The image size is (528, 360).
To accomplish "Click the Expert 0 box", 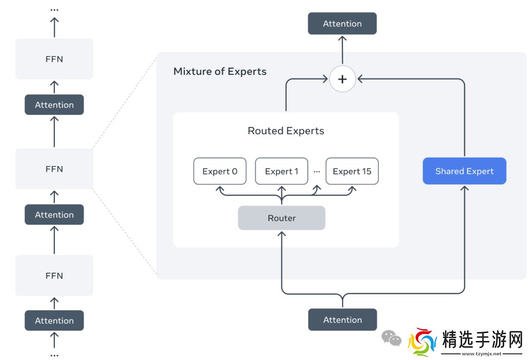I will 220,171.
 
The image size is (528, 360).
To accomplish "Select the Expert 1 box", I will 282,171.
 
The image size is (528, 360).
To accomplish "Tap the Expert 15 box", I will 352,171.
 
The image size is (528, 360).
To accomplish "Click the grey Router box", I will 282,218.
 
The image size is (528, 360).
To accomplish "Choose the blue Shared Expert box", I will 464,171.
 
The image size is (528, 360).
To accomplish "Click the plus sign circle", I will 342,79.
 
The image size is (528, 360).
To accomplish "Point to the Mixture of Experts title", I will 220,71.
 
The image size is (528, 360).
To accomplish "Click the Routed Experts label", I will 286,131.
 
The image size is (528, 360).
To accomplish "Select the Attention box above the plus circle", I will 342,23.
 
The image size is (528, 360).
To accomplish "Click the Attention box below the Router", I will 342,319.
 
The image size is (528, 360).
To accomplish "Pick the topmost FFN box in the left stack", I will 54,59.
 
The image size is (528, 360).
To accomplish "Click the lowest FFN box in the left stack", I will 54,275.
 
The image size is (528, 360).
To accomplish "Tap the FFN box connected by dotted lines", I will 54,169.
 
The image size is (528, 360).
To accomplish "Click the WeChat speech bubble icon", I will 392,338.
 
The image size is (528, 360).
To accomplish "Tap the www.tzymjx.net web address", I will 482,354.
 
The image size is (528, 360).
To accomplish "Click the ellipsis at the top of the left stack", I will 54,9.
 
